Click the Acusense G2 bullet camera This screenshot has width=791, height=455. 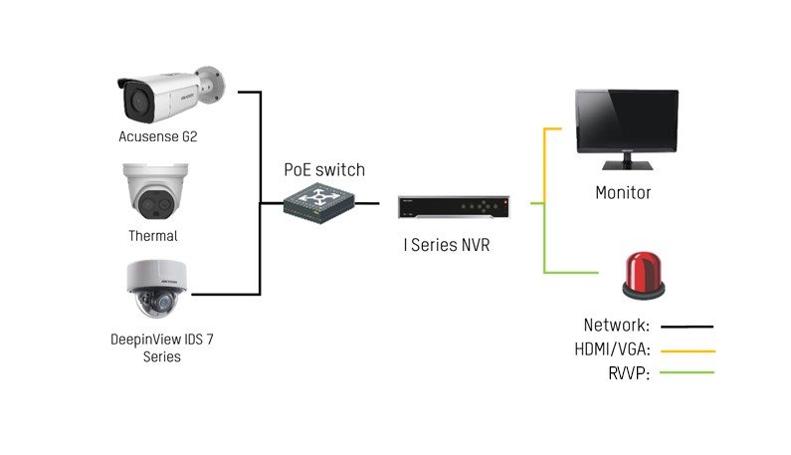[171, 95]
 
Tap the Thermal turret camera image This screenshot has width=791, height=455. [155, 191]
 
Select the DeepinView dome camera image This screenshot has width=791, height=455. [157, 289]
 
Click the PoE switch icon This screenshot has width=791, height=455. [318, 203]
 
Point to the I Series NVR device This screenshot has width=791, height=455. [454, 207]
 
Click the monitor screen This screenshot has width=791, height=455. [627, 120]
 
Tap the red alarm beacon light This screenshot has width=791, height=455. [643, 276]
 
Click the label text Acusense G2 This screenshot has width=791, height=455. [158, 136]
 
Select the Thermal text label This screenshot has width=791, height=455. [153, 236]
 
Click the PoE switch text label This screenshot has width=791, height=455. [324, 169]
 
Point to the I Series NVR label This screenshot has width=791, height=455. [447, 245]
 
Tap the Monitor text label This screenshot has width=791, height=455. [623, 192]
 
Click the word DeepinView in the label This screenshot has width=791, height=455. [145, 340]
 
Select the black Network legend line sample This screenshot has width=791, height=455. [688, 327]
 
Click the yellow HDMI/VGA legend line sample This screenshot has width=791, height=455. [689, 351]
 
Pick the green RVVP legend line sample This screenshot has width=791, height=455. [688, 372]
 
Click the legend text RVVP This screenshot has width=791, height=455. [629, 373]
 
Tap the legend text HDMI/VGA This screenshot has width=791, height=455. [613, 348]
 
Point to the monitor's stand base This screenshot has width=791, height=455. [627, 165]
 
